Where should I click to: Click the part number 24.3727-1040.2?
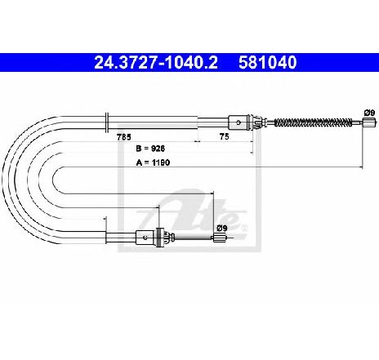click(156, 63)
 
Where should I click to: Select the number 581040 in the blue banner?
click(267, 63)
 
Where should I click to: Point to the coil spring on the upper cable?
click(313, 122)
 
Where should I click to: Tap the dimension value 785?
click(124, 137)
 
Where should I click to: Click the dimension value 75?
click(224, 136)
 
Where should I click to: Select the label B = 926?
click(150, 149)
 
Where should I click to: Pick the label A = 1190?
click(153, 162)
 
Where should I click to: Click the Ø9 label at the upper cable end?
click(369, 113)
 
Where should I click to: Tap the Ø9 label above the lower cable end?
click(222, 228)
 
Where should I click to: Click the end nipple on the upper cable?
click(369, 122)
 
